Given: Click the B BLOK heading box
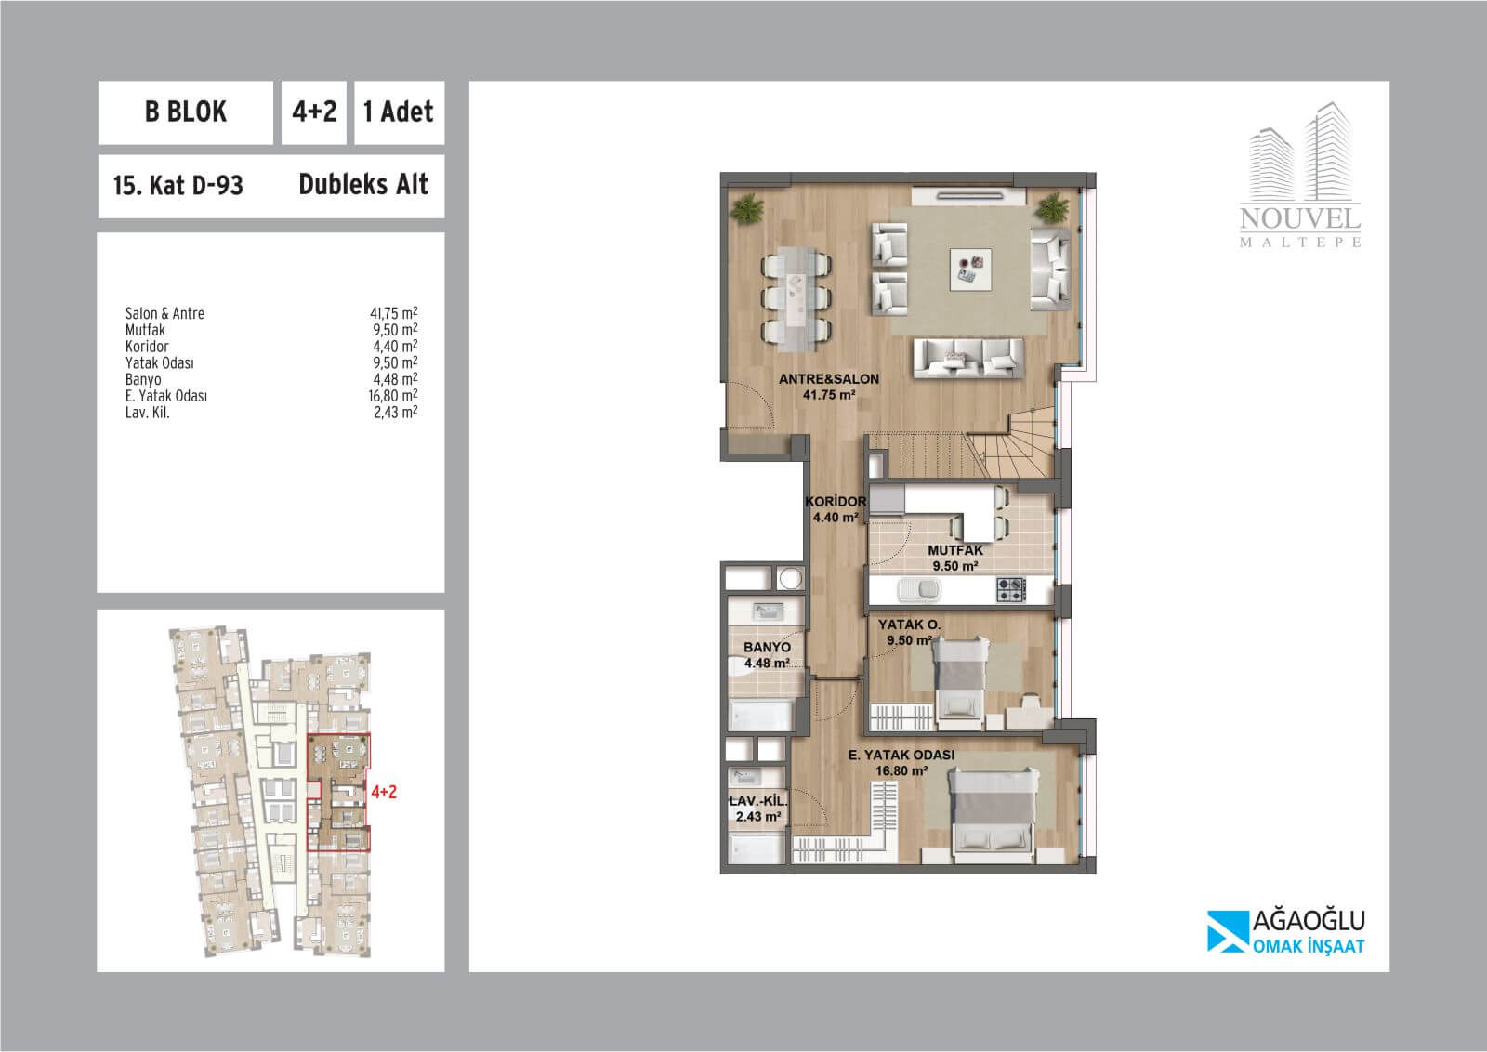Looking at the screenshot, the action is point(185,112).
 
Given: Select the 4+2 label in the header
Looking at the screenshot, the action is point(314,112).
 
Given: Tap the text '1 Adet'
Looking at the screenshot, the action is point(399,112).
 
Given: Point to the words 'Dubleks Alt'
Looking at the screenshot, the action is point(363,185).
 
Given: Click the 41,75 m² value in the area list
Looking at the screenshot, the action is point(394,313).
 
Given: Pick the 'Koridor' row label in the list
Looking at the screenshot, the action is point(147,347).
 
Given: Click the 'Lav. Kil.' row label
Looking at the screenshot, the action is point(148,413).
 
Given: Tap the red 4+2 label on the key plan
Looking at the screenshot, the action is point(384,791).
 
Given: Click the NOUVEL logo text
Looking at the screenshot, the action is point(1300,218).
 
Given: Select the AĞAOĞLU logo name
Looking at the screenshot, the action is point(1309,921).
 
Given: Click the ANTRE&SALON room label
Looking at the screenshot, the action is point(828,379).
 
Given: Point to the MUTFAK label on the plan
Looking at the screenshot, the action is point(955,550).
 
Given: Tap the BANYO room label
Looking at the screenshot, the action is point(767,647).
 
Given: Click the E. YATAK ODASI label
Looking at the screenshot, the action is point(901,755).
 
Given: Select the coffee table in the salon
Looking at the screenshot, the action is point(970,270).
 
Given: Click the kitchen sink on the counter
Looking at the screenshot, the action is point(919,589).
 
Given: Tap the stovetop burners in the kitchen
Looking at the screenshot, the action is point(1011,590).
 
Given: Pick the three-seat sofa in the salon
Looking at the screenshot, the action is point(968,359).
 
